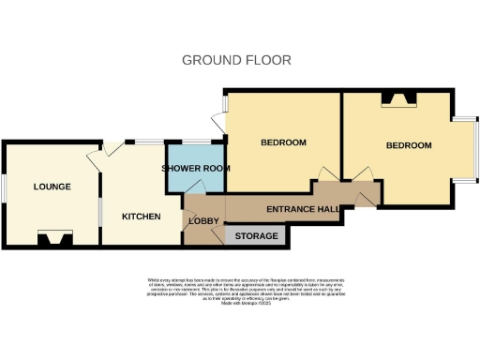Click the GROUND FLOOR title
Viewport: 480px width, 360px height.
tap(236, 60)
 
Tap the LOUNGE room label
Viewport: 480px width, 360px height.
tap(52, 187)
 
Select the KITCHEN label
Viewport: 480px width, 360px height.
tap(142, 217)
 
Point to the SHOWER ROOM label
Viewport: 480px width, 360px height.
tap(196, 168)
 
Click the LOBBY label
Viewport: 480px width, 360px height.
tap(203, 221)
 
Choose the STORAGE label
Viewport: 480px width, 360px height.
tap(257, 236)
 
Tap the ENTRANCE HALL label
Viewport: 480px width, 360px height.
tap(303, 209)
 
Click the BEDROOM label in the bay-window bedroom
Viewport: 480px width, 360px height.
tap(409, 145)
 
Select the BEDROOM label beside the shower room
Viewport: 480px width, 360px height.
tap(283, 142)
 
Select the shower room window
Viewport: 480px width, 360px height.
tap(196, 142)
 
